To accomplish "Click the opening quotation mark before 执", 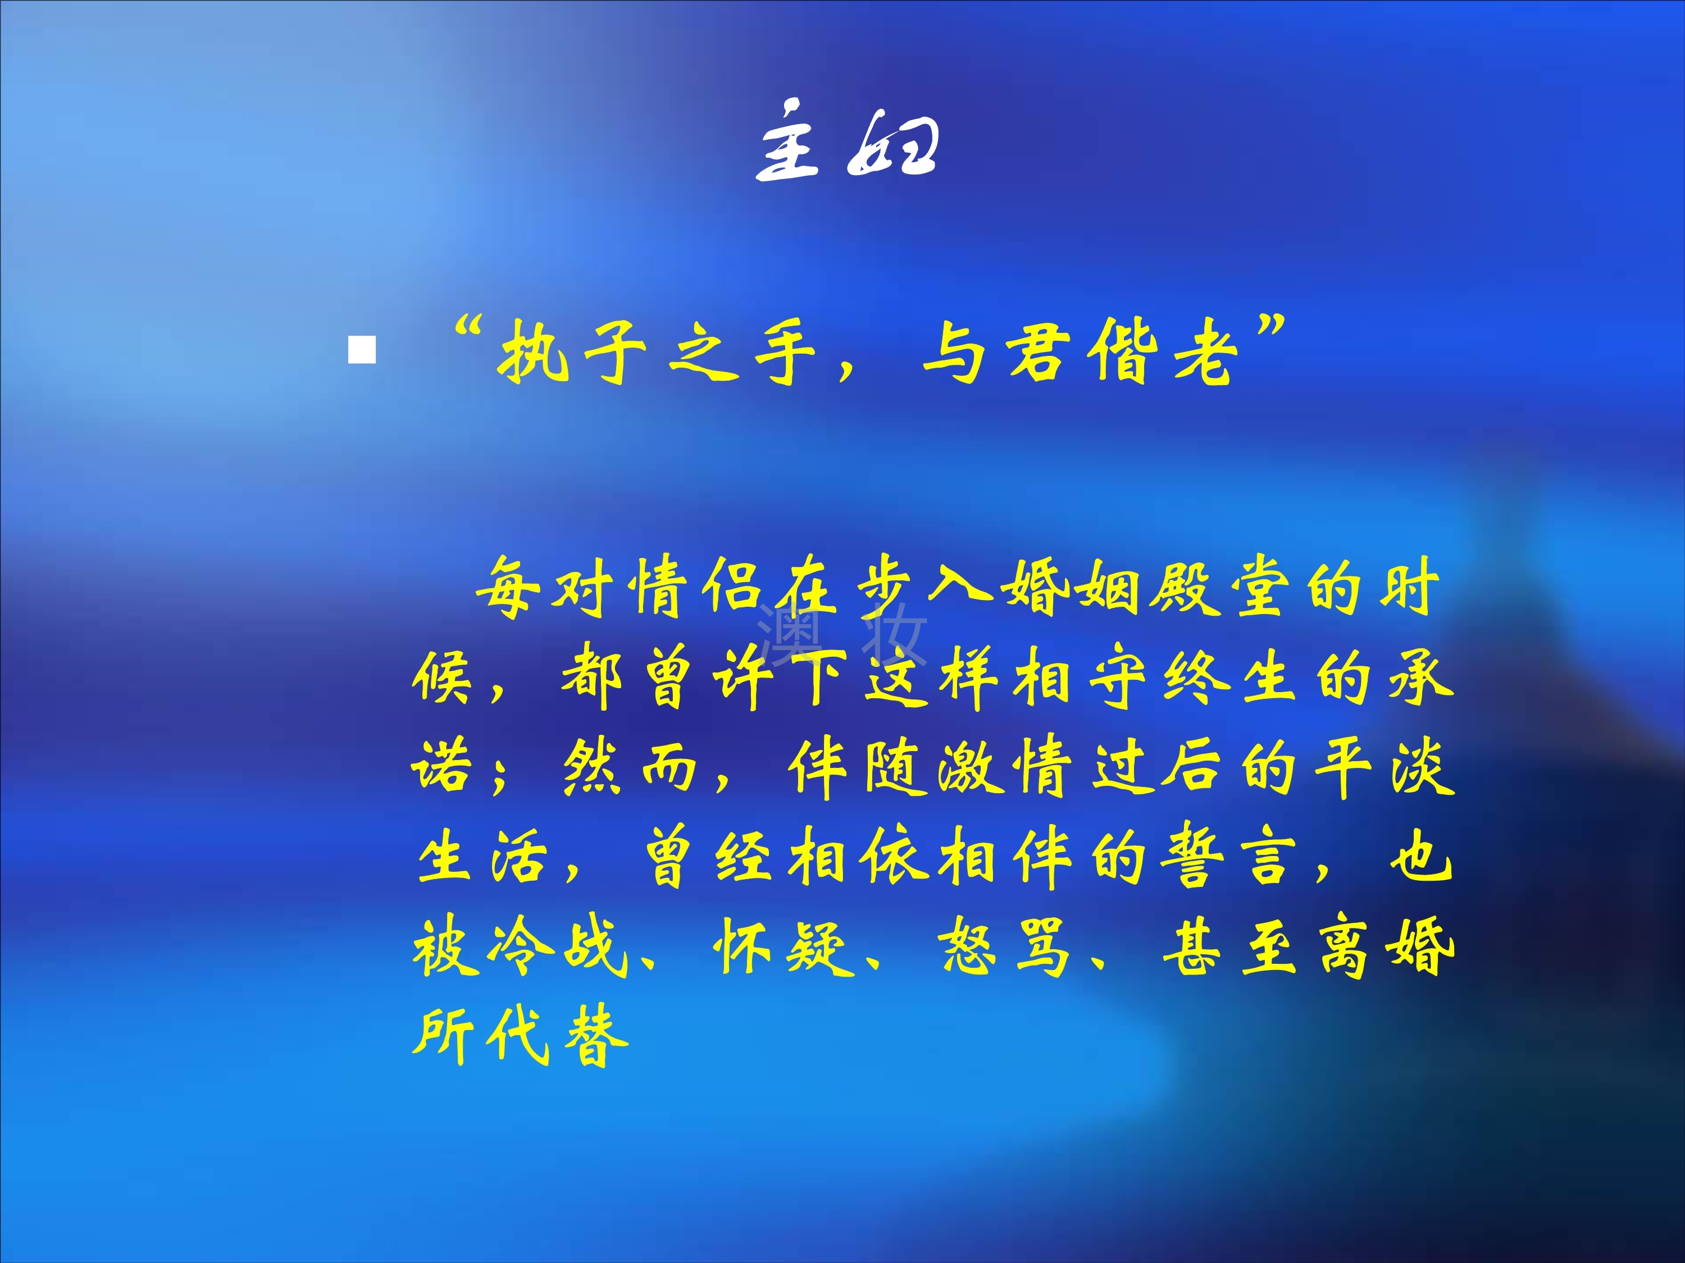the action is pyautogui.click(x=468, y=330).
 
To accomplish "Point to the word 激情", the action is pyautogui.click(x=1005, y=767).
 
